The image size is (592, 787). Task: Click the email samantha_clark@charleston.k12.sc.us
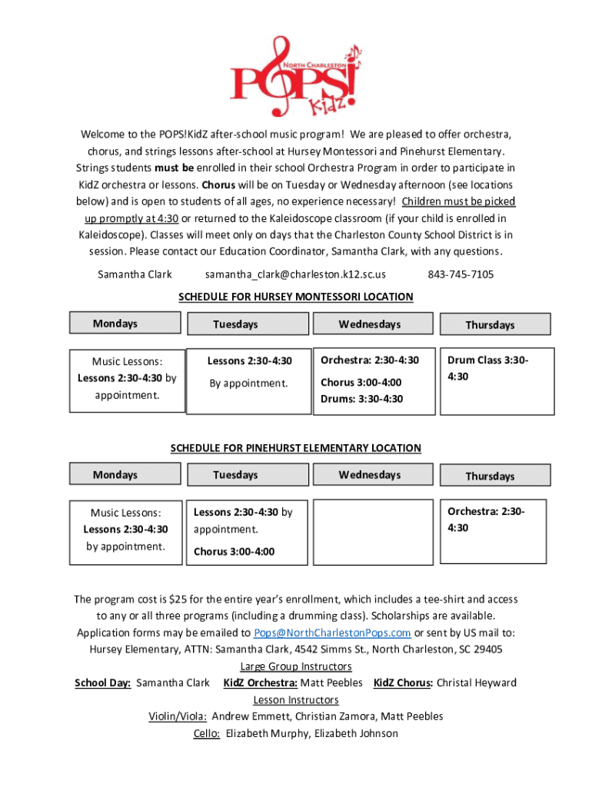pyautogui.click(x=295, y=274)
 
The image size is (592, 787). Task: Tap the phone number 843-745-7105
pyautogui.click(x=461, y=274)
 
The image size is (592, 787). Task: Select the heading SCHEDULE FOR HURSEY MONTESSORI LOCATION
pyautogui.click(x=296, y=297)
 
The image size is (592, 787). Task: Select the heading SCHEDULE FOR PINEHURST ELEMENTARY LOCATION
pyautogui.click(x=296, y=448)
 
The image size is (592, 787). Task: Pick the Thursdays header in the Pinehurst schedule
pyautogui.click(x=489, y=477)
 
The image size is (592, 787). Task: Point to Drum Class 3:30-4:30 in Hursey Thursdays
pyautogui.click(x=489, y=368)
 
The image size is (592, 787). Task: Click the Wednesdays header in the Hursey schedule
pyautogui.click(x=369, y=324)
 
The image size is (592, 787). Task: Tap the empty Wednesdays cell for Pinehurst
pyautogui.click(x=369, y=532)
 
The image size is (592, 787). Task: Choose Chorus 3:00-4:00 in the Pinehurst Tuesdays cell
pyautogui.click(x=234, y=552)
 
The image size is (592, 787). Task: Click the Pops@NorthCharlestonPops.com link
pyautogui.click(x=332, y=633)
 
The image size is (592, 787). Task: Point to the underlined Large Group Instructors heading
pyautogui.click(x=296, y=666)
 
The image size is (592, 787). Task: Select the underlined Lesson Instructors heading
pyautogui.click(x=296, y=700)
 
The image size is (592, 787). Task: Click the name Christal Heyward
pyautogui.click(x=477, y=682)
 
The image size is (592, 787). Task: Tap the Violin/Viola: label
pyautogui.click(x=178, y=716)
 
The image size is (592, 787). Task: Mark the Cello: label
pyautogui.click(x=207, y=733)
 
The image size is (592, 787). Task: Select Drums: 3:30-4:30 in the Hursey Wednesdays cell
pyautogui.click(x=361, y=399)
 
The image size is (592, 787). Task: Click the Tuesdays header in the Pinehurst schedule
pyautogui.click(x=235, y=476)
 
